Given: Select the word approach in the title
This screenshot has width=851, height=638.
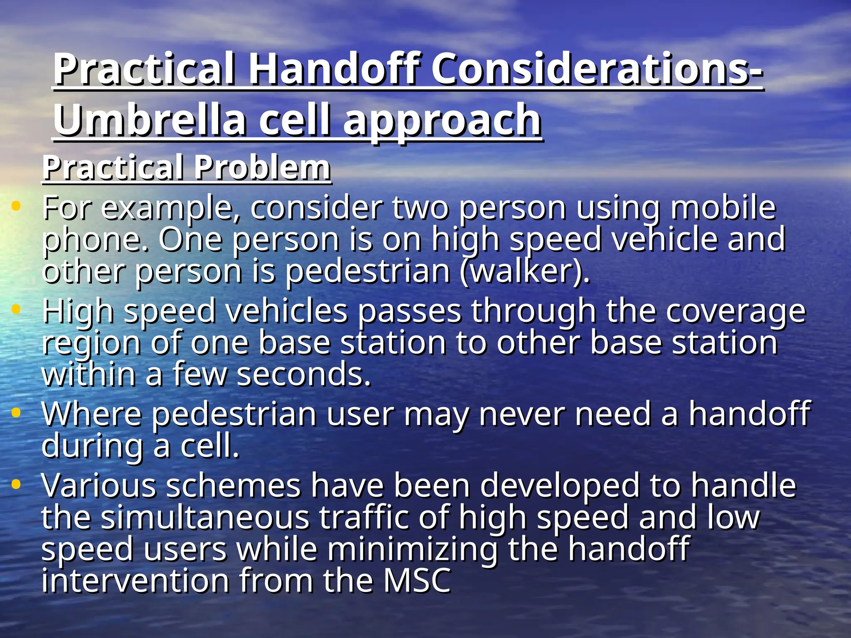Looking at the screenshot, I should pos(442,121).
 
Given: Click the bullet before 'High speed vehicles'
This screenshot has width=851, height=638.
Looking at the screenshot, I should pos(16,309).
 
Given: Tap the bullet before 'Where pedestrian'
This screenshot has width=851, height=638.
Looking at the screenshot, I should pos(16,412).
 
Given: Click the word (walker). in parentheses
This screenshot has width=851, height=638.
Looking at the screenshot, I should pos(525,272).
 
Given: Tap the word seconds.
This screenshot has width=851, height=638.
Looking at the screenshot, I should pos(303,374).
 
